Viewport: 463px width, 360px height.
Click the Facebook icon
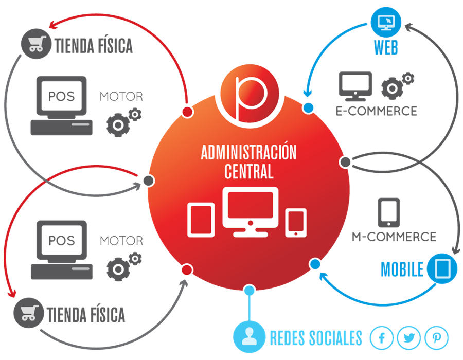382,338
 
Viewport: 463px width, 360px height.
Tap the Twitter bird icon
409,338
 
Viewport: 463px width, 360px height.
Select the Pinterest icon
437,338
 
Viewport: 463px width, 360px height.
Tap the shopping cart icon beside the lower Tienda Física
27,313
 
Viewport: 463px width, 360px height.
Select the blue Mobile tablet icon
442,268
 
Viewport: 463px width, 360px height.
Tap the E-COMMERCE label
376,111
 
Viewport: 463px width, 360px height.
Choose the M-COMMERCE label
394,237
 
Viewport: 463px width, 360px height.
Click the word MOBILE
402,269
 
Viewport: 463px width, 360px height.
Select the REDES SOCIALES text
316,338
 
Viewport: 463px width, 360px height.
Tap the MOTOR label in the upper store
121,97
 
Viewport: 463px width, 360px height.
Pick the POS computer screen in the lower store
61,240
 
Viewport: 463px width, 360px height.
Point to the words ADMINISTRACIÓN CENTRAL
249,161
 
